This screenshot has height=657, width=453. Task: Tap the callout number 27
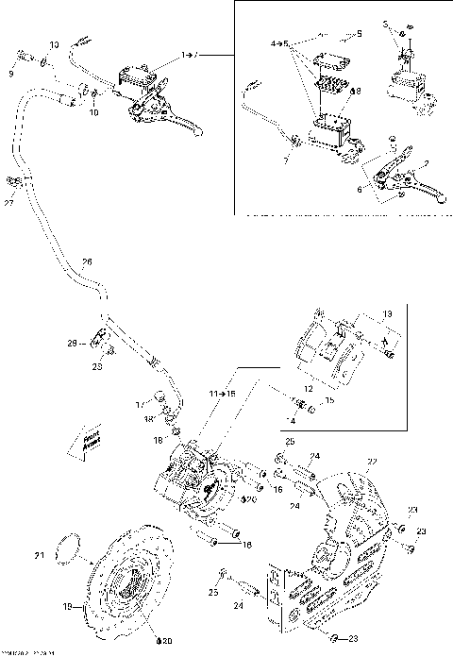point(9,201)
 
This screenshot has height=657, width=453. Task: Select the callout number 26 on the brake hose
point(87,262)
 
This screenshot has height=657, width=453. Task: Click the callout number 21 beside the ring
point(39,554)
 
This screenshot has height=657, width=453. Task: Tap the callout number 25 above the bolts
point(290,442)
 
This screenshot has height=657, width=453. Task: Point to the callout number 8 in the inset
point(356,92)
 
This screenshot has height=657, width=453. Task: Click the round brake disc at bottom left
point(127,581)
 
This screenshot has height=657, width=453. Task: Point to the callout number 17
point(139,404)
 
